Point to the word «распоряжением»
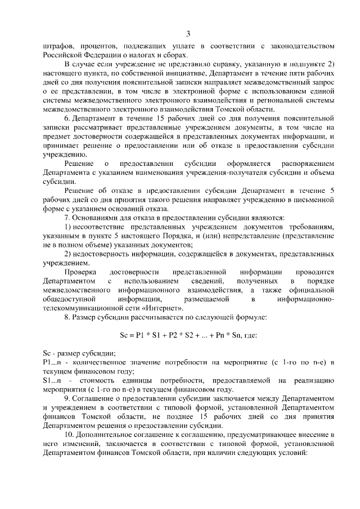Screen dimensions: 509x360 coord(309,164)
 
